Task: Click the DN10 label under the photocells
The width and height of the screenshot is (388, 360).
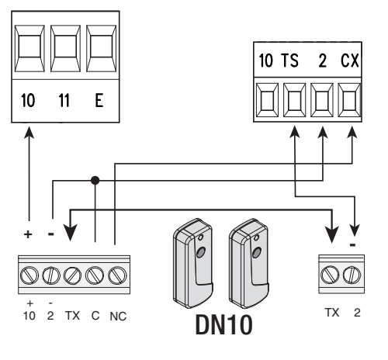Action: (223, 325)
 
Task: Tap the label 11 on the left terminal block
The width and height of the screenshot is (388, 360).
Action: (64, 100)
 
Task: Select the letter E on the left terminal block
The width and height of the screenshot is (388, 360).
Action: (99, 100)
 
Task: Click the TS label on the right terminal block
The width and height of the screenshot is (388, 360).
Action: (289, 61)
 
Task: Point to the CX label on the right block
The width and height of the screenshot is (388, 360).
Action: (350, 61)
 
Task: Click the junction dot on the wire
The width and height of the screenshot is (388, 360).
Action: (95, 180)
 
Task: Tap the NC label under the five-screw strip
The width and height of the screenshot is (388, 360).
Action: (118, 317)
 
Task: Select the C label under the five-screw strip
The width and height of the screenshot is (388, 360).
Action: (95, 316)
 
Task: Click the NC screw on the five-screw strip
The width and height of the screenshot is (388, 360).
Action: (117, 275)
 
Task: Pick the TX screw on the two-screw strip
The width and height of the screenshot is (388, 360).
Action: (330, 275)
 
